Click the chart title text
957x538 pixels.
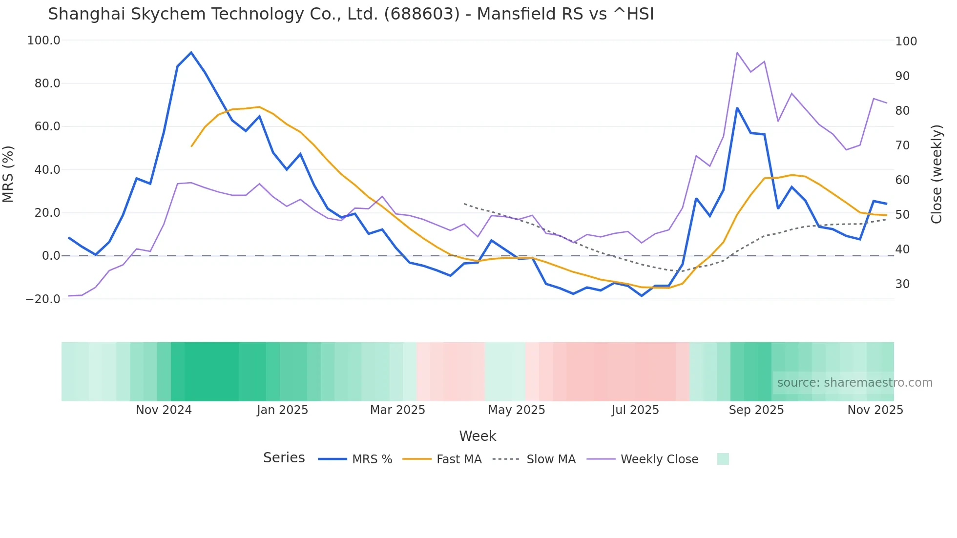[351, 14]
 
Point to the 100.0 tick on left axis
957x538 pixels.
[44, 41]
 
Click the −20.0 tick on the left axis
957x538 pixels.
[43, 299]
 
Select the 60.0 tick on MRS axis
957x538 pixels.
[47, 126]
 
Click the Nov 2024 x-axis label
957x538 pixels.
[164, 410]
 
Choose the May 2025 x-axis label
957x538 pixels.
[516, 410]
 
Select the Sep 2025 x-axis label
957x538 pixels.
[756, 410]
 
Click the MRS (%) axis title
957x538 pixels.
[8, 174]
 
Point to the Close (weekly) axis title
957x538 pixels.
[936, 174]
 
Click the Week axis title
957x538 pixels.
[478, 436]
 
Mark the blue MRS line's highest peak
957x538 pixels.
[191, 52]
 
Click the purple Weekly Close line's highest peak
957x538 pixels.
[737, 53]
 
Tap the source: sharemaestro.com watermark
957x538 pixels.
[854, 383]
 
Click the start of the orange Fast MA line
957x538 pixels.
[191, 146]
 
